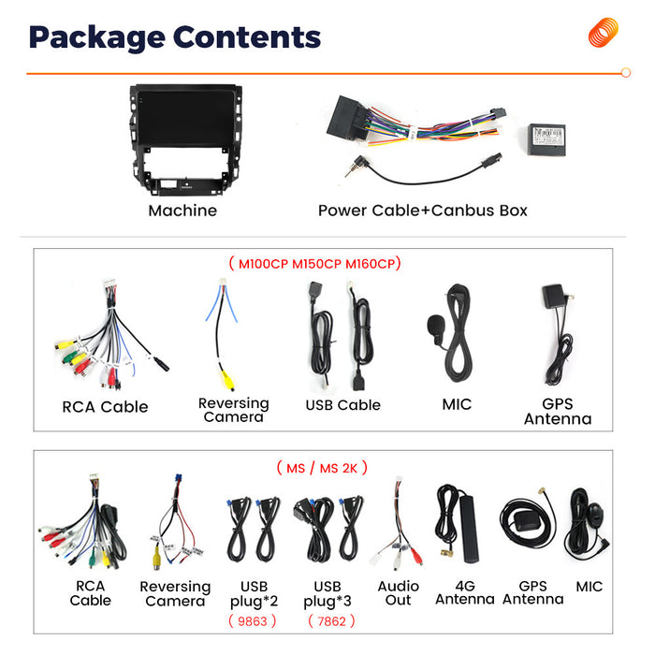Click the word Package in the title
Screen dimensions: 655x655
pos(97,38)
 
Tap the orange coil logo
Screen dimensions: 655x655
pos(603,33)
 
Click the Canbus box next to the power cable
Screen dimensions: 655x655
pos(546,139)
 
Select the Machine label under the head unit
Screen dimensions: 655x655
pos(182,211)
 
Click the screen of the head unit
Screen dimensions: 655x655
pos(185,118)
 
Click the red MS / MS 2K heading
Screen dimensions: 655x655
pos(322,468)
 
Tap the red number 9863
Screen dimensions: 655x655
pos(253,621)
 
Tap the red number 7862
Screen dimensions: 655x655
pos(331,621)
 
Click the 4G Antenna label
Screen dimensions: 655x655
pos(465,592)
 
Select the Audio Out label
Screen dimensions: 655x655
pos(398,593)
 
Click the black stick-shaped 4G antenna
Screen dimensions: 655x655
pos(469,529)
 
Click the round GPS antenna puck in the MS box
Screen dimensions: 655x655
pos(528,521)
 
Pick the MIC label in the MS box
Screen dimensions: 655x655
pos(589,587)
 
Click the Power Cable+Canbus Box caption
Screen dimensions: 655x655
pos(423,211)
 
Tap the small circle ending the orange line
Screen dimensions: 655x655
pos(625,73)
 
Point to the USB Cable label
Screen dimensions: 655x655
pos(343,405)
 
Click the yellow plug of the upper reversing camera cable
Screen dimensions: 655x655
pos(227,380)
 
